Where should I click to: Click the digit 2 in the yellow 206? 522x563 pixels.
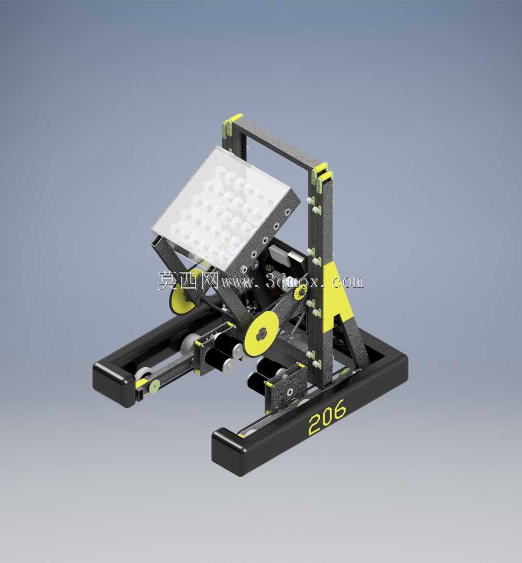point(315,424)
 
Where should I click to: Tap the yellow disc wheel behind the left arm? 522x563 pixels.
point(182,299)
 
